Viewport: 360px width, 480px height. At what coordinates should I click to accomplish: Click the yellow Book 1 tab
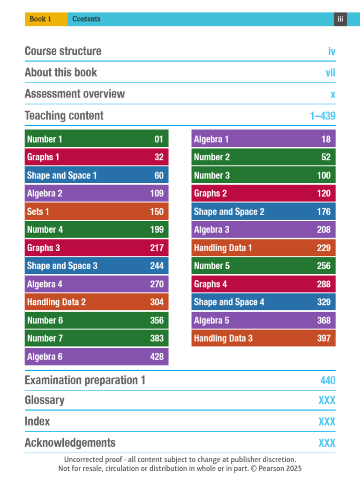point(46,19)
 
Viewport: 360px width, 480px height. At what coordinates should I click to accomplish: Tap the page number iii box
point(340,19)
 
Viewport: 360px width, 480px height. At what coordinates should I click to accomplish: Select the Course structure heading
point(63,51)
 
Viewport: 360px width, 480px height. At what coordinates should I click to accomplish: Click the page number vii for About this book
point(330,73)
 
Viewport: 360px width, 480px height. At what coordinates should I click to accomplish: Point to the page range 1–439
point(322,116)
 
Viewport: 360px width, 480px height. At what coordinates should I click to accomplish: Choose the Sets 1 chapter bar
point(97,211)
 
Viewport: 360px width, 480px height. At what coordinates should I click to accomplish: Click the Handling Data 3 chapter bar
point(263,338)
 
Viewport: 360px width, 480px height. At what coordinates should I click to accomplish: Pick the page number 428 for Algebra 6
point(157,357)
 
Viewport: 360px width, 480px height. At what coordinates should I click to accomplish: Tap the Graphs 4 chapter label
point(210,284)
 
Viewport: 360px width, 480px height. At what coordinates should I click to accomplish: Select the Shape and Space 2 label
point(229,211)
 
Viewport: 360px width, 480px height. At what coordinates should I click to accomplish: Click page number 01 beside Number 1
point(158,139)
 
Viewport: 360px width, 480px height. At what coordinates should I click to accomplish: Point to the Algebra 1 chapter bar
point(263,138)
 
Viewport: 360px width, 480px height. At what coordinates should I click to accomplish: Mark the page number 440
point(328,381)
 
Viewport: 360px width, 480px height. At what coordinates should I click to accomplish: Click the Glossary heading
point(45,400)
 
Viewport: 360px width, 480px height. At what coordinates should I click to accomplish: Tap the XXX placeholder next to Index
point(327,421)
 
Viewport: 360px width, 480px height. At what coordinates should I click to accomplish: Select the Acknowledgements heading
point(70,442)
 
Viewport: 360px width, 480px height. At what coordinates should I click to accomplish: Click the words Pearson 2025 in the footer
point(280,468)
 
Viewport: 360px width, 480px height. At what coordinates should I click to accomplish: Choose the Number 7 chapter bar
point(97,338)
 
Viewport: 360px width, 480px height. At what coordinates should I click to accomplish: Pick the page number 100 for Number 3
point(323,175)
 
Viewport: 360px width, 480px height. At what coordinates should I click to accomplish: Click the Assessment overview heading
point(75,94)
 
